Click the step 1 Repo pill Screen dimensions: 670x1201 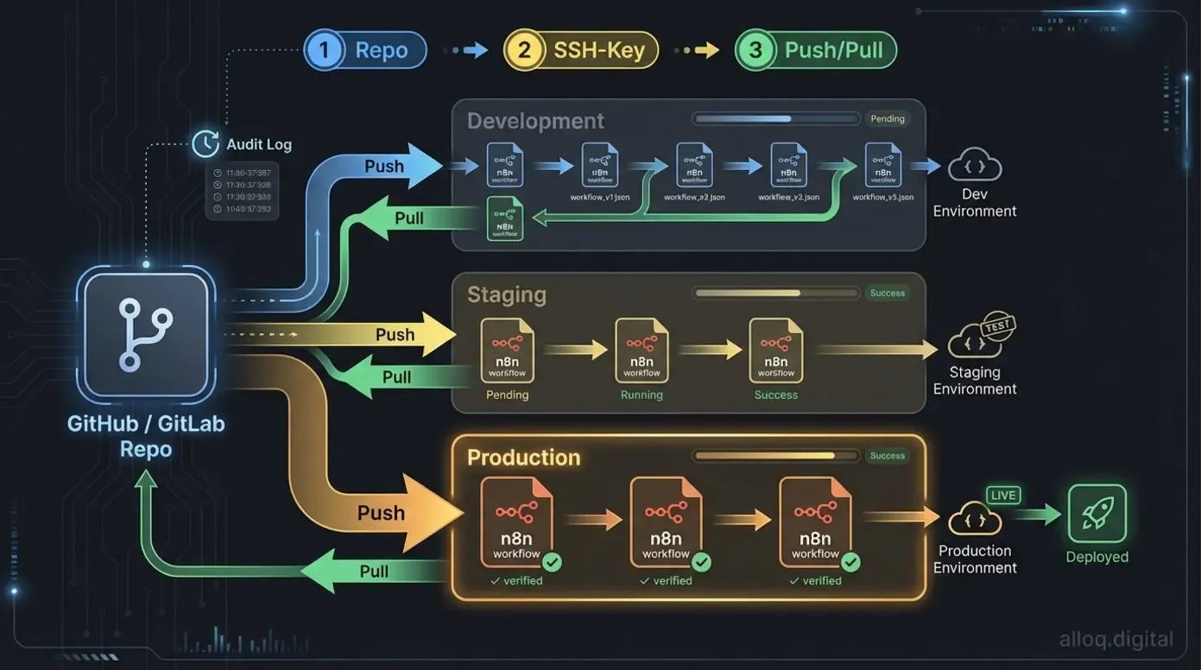[365, 50]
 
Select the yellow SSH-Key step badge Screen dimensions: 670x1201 [581, 50]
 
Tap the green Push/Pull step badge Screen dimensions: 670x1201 [816, 50]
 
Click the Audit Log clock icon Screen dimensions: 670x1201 [205, 143]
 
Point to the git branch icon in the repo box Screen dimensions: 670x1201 [145, 335]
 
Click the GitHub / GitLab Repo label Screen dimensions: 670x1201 [145, 437]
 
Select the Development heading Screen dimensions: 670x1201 [535, 121]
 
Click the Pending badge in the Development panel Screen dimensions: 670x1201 [887, 119]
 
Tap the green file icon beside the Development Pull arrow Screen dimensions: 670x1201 [504, 218]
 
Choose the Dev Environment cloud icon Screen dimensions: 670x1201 [975, 166]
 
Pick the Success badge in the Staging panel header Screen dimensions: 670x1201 [887, 294]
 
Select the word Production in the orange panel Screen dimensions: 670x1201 [523, 457]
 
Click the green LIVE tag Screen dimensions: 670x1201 [1003, 496]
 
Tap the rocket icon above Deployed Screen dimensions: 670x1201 [1097, 514]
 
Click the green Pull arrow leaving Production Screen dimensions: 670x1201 [371, 572]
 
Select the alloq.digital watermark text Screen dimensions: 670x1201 [1116, 640]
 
